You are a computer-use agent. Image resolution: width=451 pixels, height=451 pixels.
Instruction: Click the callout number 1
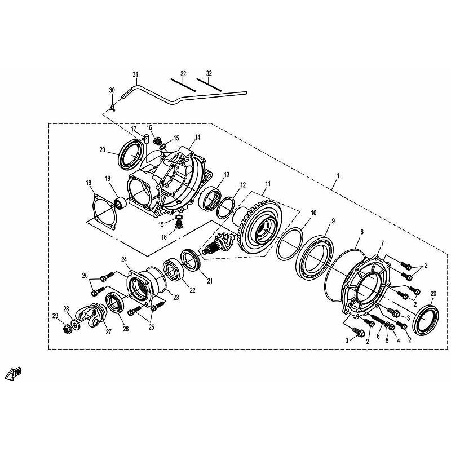(x=338, y=175)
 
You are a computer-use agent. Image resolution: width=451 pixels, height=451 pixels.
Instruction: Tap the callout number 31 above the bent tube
(x=135, y=75)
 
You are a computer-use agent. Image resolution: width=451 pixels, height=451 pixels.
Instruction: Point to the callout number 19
(x=89, y=183)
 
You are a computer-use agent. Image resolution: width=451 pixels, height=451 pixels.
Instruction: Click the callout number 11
(x=268, y=184)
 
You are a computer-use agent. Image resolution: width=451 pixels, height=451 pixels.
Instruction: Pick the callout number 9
(x=333, y=221)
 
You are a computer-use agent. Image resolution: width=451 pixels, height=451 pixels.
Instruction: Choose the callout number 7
(x=382, y=244)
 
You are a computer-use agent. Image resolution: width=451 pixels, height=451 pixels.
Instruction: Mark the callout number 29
(x=55, y=316)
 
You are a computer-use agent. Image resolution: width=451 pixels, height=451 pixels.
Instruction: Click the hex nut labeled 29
(x=67, y=329)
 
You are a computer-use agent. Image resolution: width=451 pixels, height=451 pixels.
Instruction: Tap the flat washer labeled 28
(x=76, y=325)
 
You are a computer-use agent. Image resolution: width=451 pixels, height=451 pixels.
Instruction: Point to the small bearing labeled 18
(x=121, y=202)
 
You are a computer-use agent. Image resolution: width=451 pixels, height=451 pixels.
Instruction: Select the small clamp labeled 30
(x=112, y=108)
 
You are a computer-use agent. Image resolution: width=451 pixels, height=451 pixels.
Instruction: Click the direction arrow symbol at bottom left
(x=13, y=373)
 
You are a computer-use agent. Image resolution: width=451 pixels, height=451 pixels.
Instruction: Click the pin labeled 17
(x=146, y=139)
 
